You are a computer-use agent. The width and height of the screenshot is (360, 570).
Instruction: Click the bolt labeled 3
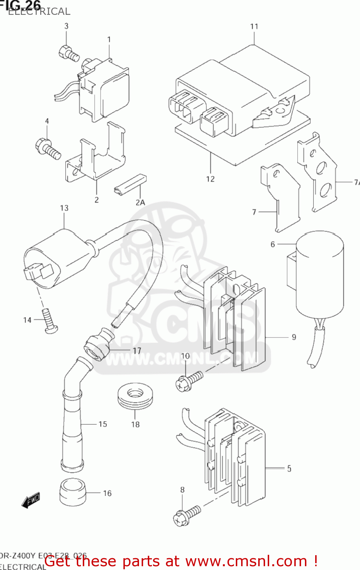69,54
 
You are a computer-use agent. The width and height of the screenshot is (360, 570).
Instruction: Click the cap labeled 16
73,492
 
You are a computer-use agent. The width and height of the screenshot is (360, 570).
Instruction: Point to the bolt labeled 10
189,380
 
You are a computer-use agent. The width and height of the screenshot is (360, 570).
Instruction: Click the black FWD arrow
31,500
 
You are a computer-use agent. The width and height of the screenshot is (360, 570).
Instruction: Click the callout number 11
254,27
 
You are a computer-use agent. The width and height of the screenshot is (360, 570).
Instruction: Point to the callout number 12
210,179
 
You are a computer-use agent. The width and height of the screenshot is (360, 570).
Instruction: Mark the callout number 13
64,208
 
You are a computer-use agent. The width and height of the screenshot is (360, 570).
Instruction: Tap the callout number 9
294,337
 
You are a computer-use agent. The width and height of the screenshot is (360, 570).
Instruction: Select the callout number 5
289,469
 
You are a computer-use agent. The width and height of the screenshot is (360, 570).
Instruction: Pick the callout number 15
103,424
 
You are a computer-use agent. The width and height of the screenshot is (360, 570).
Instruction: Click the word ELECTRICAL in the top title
39,12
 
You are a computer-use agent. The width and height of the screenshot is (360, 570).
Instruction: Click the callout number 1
109,40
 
